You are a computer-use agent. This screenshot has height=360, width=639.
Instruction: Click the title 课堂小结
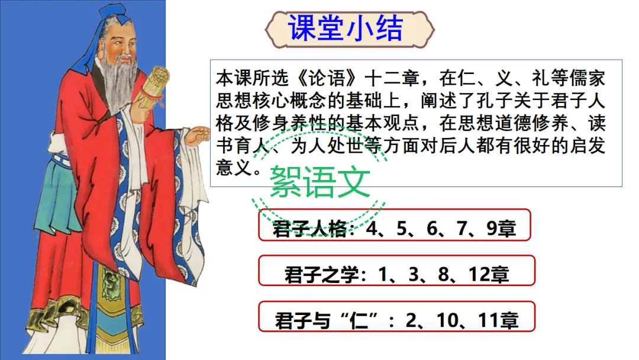click(345, 28)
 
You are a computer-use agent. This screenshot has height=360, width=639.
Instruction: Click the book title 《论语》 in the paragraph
click(327, 78)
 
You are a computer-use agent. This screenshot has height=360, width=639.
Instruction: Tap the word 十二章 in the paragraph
click(392, 78)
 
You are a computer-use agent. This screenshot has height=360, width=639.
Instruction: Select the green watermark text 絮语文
click(320, 182)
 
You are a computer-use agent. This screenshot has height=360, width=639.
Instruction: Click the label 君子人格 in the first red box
click(309, 229)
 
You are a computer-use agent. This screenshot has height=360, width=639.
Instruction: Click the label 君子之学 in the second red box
click(321, 274)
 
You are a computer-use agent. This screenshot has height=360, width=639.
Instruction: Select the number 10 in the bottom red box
click(448, 320)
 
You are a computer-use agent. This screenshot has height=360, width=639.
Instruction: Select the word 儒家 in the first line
click(588, 78)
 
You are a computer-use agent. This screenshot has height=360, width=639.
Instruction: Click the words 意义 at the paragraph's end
click(234, 167)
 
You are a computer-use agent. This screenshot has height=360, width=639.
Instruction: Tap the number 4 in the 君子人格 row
click(371, 229)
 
